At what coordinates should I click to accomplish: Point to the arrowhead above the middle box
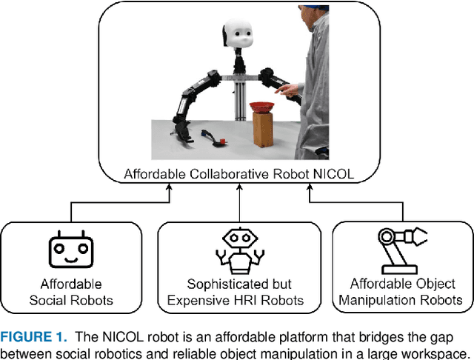(238, 189)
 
